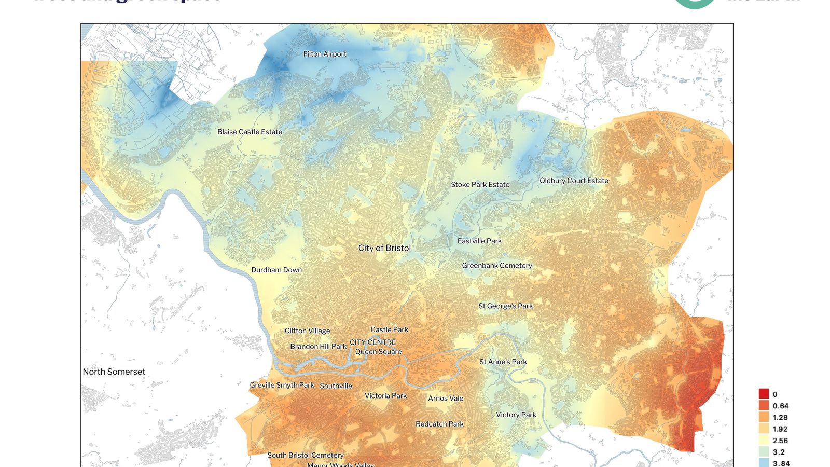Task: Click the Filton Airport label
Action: pos(325,54)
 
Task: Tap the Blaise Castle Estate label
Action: pos(250,132)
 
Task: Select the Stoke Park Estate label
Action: pos(480,184)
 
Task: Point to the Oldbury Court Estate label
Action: pos(574,181)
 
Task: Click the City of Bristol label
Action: pos(384,248)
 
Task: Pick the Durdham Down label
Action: pos(276,270)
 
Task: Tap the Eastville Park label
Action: pos(479,241)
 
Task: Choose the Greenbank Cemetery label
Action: pos(497,265)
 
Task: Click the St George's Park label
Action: pos(505,306)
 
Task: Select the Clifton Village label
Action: pos(307,331)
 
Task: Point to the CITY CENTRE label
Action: pos(372,342)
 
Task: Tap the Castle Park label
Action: pos(389,329)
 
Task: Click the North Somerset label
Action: pos(114,372)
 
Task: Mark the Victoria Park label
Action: pos(385,395)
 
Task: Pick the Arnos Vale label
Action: pos(446,398)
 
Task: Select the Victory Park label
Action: pos(516,415)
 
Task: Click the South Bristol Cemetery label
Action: pos(305,455)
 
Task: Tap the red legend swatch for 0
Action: pos(764,394)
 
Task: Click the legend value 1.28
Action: pos(780,417)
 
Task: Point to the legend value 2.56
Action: pos(780,441)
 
